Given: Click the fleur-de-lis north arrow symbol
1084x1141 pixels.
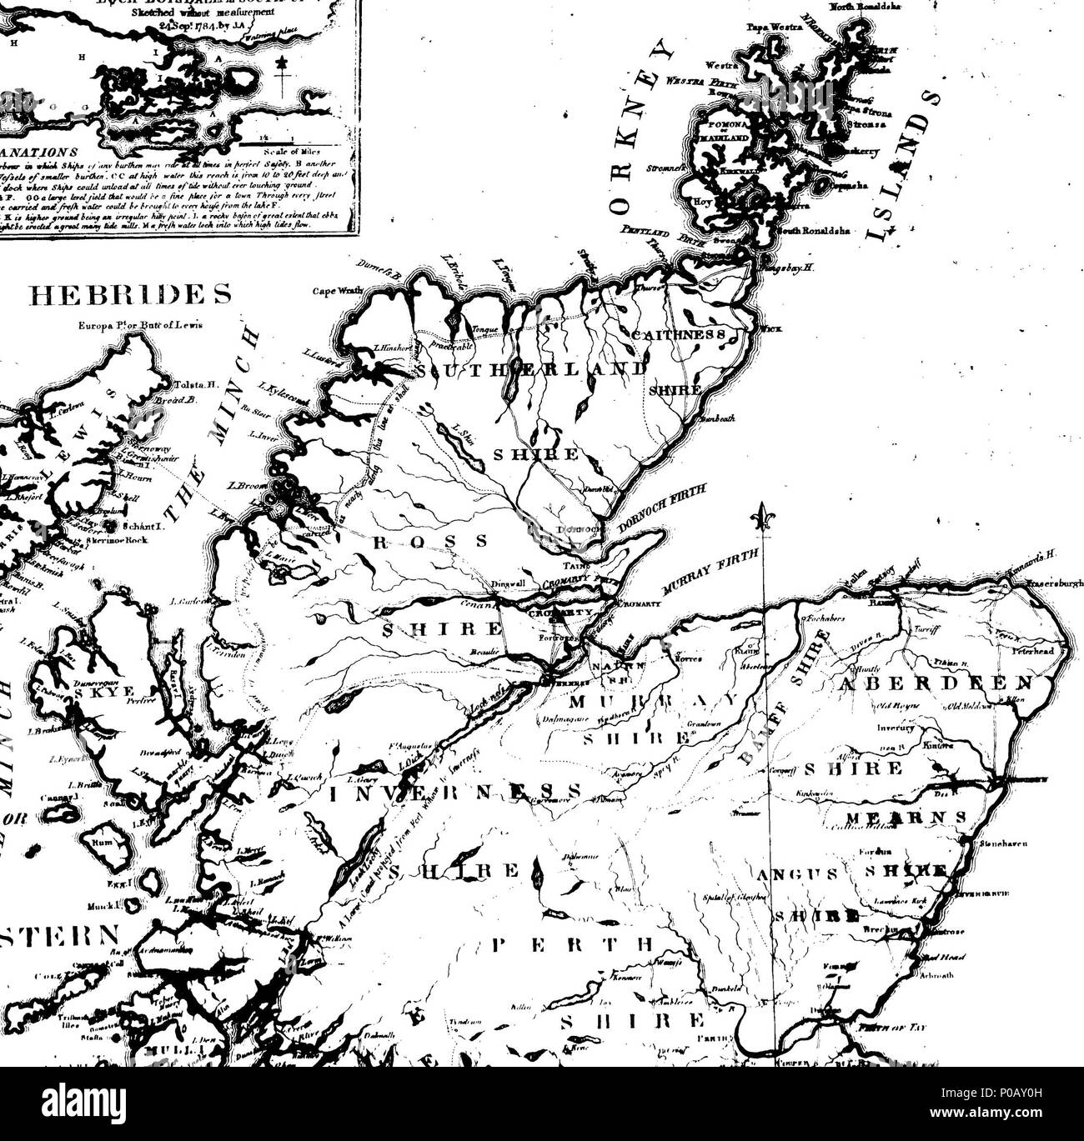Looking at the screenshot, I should pos(761,516).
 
